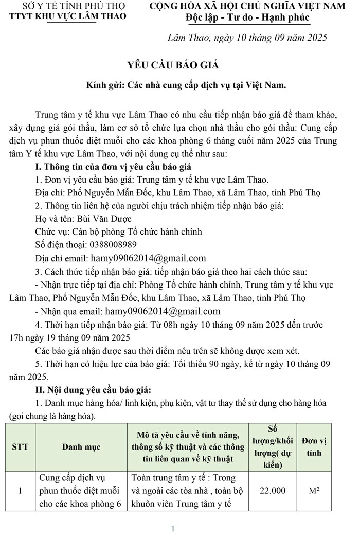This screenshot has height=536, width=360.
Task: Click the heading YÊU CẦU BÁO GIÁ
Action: click(173, 65)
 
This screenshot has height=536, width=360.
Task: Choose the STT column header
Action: click(20, 447)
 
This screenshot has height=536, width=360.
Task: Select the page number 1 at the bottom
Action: click(173, 529)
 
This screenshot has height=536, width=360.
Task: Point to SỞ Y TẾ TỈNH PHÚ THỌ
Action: click(70, 6)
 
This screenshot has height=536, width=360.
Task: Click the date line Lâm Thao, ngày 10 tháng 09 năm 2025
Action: click(247, 38)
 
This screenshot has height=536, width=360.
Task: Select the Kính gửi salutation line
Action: click(186, 85)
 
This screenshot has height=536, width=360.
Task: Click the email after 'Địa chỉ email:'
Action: click(149, 258)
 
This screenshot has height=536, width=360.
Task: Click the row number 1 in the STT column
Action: click(20, 491)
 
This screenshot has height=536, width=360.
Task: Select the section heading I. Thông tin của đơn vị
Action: click(113, 167)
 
